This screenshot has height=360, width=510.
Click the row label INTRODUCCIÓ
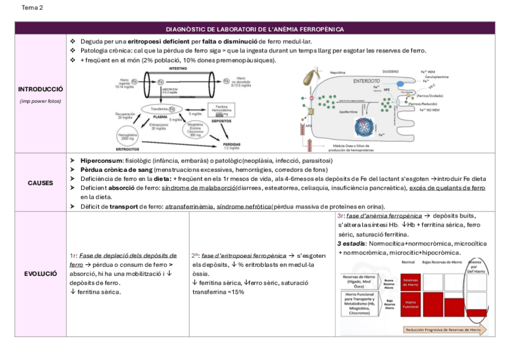(40, 89)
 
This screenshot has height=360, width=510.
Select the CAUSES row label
(40, 182)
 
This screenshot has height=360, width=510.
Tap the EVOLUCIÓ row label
(40, 273)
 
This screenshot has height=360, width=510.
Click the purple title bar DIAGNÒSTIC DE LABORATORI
(254, 29)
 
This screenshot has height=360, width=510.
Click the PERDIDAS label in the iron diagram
(231, 145)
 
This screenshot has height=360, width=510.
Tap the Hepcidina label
(338, 72)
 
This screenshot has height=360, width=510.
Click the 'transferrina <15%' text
(218, 291)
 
